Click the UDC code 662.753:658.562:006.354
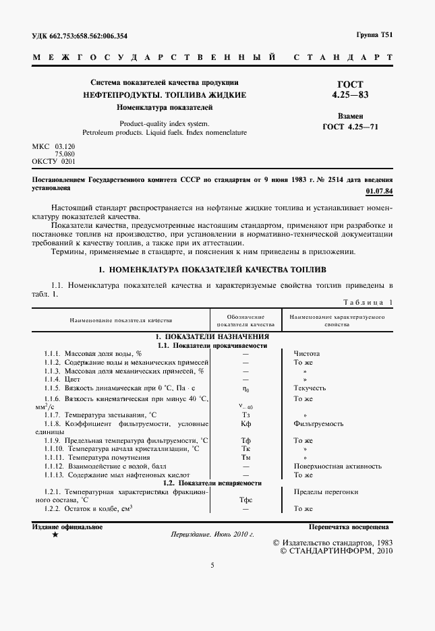pyautogui.click(x=89, y=36)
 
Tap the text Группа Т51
pyautogui.click(x=374, y=35)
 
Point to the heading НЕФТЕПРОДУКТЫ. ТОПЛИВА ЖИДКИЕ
pyautogui.click(x=164, y=95)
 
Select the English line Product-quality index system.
pyautogui.click(x=164, y=123)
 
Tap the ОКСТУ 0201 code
pyautogui.click(x=54, y=162)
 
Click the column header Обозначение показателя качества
pyautogui.click(x=245, y=320)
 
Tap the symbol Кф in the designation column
pyautogui.click(x=245, y=424)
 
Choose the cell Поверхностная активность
pyautogui.click(x=337, y=466)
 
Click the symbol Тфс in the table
pyautogui.click(x=245, y=500)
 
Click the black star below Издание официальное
pyautogui.click(x=55, y=535)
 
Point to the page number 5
pyautogui.click(x=212, y=565)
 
